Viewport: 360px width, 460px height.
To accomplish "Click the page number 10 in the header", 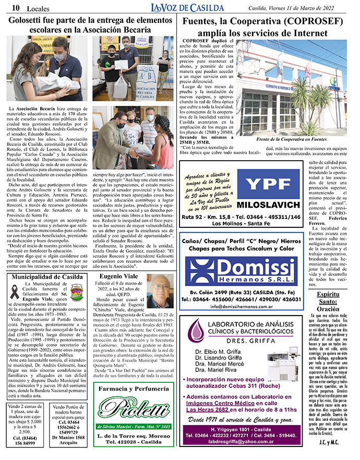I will coord(16,7).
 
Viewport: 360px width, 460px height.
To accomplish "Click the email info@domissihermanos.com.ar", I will coord(243,306).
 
